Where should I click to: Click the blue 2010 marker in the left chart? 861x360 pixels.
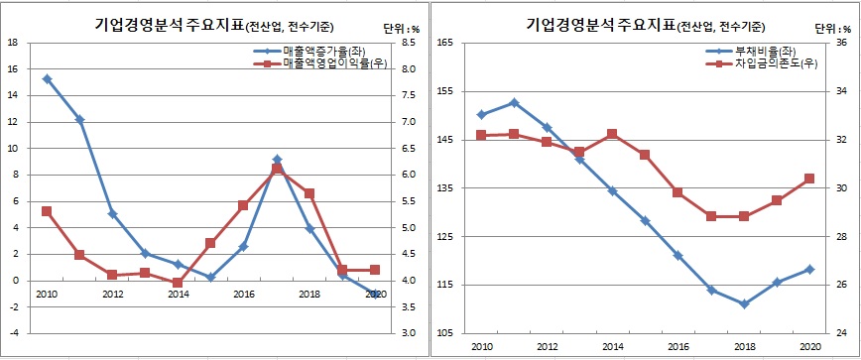pyautogui.click(x=47, y=78)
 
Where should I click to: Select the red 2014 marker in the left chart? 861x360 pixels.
pyautogui.click(x=178, y=283)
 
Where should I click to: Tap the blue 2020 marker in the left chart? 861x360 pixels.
pyautogui.click(x=374, y=295)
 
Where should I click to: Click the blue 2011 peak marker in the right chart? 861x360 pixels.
pyautogui.click(x=514, y=102)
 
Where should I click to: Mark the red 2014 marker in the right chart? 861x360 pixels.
pyautogui.click(x=612, y=134)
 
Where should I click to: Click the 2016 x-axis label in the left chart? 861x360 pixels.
pyautogui.click(x=243, y=295)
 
